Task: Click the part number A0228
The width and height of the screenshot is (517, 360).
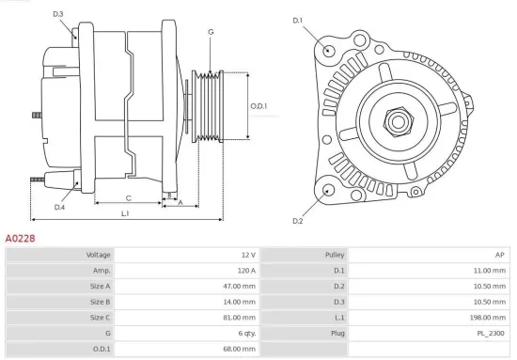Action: [x=20, y=240]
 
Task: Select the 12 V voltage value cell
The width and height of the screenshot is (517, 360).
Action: [x=247, y=255]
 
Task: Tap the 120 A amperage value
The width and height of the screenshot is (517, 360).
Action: [x=244, y=271]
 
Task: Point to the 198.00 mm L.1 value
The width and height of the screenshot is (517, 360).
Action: [x=490, y=318]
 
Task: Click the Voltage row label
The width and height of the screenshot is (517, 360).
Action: [x=99, y=255]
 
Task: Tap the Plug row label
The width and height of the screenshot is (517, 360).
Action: [x=337, y=333]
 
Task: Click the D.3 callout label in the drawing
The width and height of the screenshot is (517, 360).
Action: [x=58, y=14]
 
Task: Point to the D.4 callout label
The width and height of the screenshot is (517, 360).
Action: [x=59, y=207]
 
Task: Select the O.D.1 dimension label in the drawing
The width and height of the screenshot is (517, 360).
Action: [x=258, y=106]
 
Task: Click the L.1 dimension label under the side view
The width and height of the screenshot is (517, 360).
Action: [x=125, y=214]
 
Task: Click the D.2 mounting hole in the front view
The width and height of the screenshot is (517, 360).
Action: [x=327, y=191]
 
